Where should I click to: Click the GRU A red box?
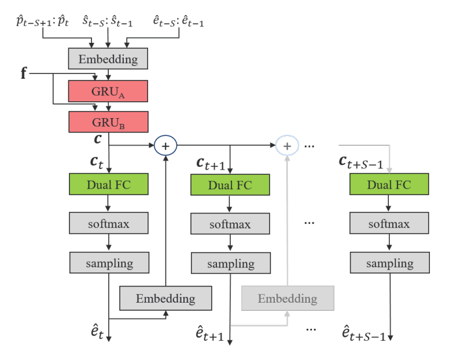109,91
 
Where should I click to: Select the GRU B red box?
109,122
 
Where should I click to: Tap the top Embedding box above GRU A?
109,59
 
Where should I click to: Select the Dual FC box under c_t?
109,185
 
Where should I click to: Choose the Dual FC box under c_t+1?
230,185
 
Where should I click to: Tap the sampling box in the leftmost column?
109,263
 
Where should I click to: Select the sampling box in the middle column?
230,263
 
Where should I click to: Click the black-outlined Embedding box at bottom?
165,299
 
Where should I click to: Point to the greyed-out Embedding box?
287,299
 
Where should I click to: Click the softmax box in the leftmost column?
109,223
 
